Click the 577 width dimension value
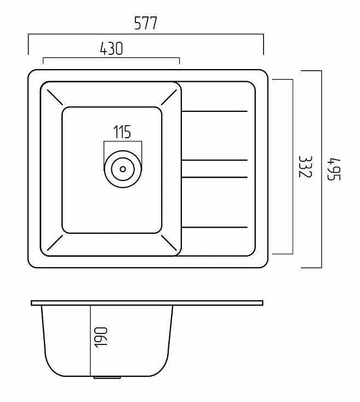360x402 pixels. tap(146, 23)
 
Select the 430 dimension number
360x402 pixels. tap(111, 48)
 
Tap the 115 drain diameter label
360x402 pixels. tap(122, 132)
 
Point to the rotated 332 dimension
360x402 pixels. tap(305, 167)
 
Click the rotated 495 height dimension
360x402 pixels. tap(334, 169)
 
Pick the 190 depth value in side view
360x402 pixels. tap(101, 337)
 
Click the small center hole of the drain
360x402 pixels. tap(123, 169)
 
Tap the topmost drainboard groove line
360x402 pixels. tap(214, 111)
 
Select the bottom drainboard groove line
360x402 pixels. tap(214, 227)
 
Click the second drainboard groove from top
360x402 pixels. tap(214, 160)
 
